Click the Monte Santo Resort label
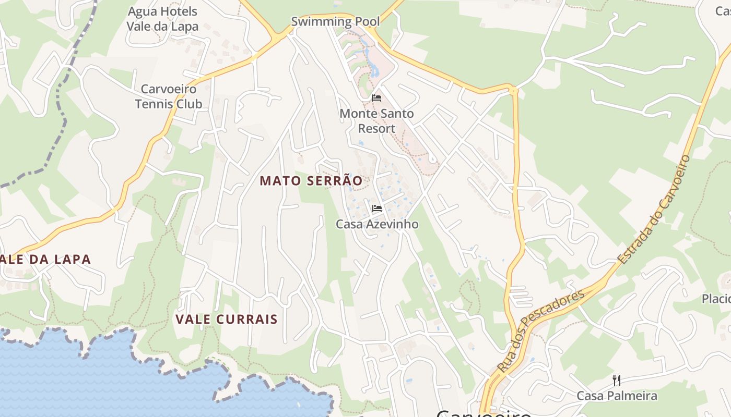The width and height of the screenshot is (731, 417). pos(376,120)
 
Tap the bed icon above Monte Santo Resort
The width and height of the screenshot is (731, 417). pos(376,97)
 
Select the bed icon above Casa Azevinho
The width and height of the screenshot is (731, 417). pos(376,208)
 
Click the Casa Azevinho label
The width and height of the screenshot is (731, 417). pos(377,224)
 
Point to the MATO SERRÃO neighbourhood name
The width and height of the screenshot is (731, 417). pos(311,180)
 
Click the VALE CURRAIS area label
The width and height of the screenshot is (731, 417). pos(226,319)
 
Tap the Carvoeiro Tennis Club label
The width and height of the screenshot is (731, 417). pos(169,96)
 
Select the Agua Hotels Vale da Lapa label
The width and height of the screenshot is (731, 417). pos(162,19)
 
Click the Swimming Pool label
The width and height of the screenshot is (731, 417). pos(335,21)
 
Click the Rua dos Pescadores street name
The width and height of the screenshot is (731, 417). pos(541,331)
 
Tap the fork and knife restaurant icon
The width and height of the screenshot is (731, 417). pos(616,380)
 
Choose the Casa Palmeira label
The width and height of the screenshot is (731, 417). pos(617,396)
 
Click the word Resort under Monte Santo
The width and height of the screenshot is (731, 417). pos(376,128)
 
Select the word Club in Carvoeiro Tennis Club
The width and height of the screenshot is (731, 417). pos(188,104)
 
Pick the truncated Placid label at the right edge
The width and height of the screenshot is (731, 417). pos(716,299)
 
